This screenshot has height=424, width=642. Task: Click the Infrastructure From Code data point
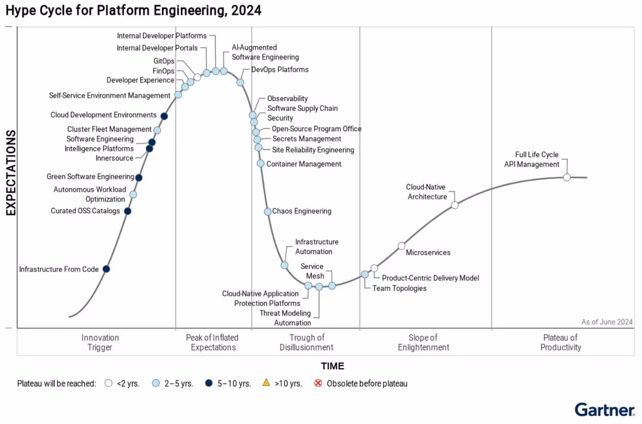pyautogui.click(x=106, y=269)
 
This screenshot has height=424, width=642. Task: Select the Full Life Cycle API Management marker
pyautogui.click(x=567, y=178)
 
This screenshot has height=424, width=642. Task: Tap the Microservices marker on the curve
pyautogui.click(x=401, y=246)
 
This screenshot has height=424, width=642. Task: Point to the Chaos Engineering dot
pyautogui.click(x=268, y=212)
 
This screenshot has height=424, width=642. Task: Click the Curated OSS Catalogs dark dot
pyautogui.click(x=128, y=211)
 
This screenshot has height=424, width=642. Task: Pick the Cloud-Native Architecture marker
pyautogui.click(x=454, y=205)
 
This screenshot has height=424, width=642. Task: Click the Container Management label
pyautogui.click(x=304, y=164)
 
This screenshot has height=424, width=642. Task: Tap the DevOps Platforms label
pyautogui.click(x=280, y=70)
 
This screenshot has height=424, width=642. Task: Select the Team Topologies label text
pyautogui.click(x=399, y=288)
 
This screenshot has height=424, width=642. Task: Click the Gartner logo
pyautogui.click(x=604, y=409)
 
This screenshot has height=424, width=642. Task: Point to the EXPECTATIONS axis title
pyautogui.click(x=11, y=173)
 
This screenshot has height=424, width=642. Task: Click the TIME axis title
pyautogui.click(x=332, y=366)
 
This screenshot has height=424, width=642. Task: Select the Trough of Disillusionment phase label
pyautogui.click(x=306, y=343)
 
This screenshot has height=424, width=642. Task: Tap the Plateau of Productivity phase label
pyautogui.click(x=560, y=343)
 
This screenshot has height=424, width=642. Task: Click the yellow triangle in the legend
pyautogui.click(x=266, y=383)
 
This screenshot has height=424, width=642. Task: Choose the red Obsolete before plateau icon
pyautogui.click(x=318, y=383)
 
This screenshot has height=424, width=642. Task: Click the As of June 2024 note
pyautogui.click(x=607, y=322)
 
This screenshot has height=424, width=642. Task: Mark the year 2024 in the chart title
pyautogui.click(x=246, y=10)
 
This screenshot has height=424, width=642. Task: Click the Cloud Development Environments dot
pyautogui.click(x=164, y=116)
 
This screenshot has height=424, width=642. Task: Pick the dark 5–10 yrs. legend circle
pyautogui.click(x=209, y=383)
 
